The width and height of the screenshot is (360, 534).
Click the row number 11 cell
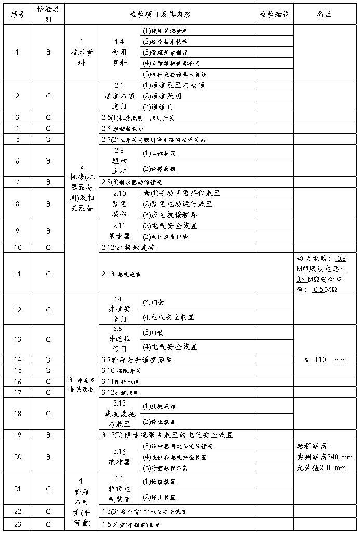(17, 274)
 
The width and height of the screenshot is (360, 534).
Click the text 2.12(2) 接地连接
(128, 247)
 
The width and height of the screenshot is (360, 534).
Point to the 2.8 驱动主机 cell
(119, 160)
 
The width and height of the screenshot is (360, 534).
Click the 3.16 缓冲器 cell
(119, 457)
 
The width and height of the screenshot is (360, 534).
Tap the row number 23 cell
(17, 524)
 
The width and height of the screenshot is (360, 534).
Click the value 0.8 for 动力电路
(341, 258)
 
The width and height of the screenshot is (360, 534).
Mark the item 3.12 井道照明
(121, 392)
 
